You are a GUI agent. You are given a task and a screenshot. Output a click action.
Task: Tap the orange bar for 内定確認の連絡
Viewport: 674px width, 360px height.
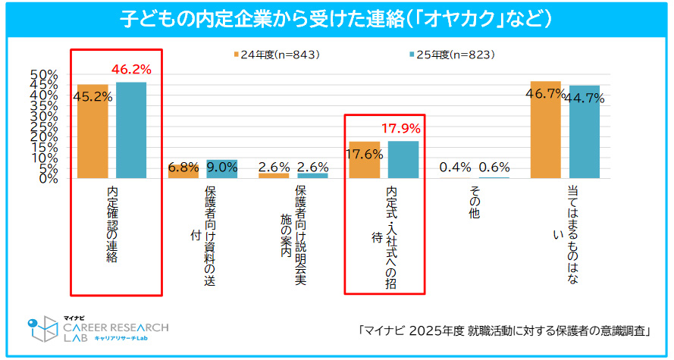tap(92, 131)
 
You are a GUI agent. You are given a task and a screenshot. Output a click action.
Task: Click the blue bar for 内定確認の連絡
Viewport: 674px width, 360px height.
tap(130, 130)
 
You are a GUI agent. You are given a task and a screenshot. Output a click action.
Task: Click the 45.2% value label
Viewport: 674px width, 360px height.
tap(93, 96)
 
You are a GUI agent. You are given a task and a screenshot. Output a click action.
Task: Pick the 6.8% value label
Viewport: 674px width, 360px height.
tap(183, 167)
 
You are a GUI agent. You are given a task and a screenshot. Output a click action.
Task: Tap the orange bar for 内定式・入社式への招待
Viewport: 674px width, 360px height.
tap(364, 160)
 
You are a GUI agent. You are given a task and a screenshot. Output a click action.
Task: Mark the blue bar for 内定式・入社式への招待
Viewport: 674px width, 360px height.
tap(403, 159)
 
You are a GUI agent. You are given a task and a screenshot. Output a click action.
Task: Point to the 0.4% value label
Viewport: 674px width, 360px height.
tap(456, 167)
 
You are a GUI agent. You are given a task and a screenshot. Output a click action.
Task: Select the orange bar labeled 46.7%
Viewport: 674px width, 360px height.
tap(545, 130)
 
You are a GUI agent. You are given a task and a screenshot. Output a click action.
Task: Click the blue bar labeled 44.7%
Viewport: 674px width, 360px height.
tap(584, 132)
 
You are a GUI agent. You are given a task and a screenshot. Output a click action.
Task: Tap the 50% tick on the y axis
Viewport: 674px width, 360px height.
tap(44, 74)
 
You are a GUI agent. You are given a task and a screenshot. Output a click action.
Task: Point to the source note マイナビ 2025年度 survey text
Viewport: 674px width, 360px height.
tap(506, 331)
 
